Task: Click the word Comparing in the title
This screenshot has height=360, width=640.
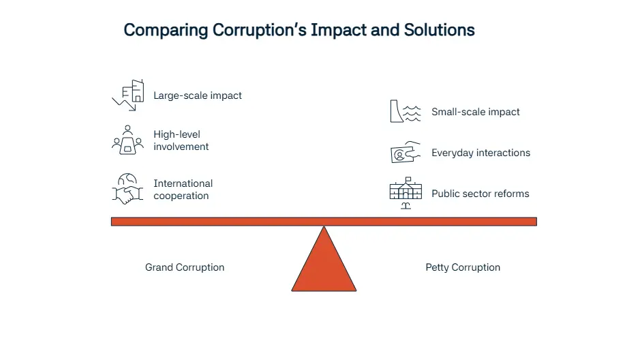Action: [166, 31]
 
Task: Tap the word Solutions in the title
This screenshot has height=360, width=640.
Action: [439, 30]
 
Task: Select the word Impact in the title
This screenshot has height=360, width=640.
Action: [338, 31]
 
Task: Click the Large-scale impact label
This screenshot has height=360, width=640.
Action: [198, 95]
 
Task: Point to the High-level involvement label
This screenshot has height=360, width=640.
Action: [181, 140]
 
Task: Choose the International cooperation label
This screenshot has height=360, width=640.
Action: [183, 190]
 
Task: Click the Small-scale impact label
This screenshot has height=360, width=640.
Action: [476, 112]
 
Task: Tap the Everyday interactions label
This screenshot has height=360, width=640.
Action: [481, 153]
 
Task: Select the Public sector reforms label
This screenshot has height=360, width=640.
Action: [481, 194]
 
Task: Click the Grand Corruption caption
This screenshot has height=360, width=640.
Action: [185, 267]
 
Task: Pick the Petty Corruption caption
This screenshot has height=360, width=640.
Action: [463, 267]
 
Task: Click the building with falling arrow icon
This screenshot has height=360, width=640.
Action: [128, 95]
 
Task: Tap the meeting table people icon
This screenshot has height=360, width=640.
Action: [127, 140]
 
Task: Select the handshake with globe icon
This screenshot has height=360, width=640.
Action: [127, 189]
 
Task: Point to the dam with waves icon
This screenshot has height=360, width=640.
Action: [406, 111]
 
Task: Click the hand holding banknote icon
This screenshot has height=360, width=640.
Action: [406, 152]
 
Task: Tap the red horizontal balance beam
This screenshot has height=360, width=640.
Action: [324, 222]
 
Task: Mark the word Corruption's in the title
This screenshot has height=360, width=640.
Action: [260, 31]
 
